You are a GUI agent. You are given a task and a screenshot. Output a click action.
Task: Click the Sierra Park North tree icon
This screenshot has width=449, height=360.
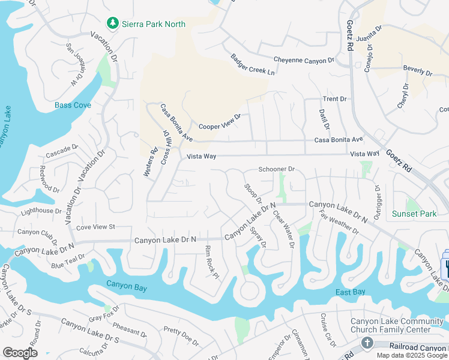112,23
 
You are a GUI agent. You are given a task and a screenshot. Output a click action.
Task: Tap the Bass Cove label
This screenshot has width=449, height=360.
73,106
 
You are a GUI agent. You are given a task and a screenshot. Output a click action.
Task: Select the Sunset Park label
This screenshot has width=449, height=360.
414,214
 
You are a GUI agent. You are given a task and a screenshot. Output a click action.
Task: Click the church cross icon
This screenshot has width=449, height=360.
367,343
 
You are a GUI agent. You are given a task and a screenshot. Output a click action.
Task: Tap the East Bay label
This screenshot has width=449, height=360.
350,292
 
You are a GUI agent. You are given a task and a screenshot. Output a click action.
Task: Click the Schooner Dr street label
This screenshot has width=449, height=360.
276,170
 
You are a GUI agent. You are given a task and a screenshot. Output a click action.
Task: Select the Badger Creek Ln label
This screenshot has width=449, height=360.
252,65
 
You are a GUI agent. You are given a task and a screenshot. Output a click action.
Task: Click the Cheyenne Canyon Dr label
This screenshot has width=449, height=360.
303,61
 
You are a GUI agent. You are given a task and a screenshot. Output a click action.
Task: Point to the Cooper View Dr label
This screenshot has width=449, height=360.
220,122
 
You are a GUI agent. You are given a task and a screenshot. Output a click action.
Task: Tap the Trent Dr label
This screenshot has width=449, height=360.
335,99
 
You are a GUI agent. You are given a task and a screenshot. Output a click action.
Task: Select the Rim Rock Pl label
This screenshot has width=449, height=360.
212,262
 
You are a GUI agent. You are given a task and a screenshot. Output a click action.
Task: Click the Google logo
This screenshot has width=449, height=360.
20,353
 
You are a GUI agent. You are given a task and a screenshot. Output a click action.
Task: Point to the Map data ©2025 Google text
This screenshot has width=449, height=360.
412,355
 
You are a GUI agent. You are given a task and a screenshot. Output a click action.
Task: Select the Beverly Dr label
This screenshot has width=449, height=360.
417,70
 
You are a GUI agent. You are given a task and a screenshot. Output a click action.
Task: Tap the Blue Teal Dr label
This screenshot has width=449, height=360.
68,262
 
